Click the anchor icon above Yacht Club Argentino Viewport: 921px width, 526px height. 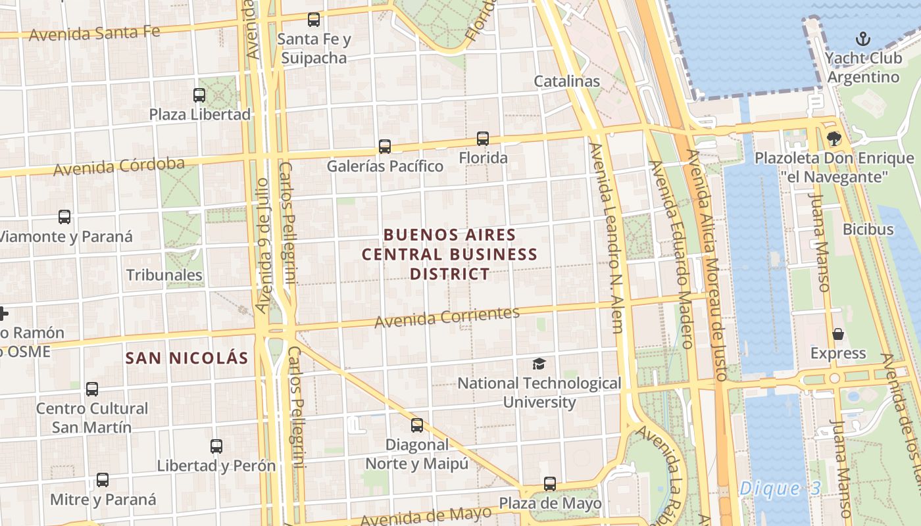(x=862, y=39)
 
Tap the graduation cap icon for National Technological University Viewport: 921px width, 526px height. (x=539, y=364)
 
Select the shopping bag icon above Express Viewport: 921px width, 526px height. (x=838, y=334)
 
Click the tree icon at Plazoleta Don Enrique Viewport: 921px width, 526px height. (x=834, y=139)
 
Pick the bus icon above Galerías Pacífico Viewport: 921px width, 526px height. (x=385, y=147)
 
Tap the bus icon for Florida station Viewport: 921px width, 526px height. (x=483, y=139)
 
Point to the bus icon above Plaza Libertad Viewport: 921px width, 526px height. (x=199, y=95)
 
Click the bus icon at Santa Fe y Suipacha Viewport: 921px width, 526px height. (x=314, y=20)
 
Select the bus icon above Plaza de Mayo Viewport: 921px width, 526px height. (x=550, y=484)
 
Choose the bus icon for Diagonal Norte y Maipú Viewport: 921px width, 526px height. (x=417, y=425)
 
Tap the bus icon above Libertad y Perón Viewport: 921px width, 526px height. (x=216, y=446)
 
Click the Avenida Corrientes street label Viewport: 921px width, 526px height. (x=447, y=317)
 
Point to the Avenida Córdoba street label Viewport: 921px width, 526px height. (x=118, y=166)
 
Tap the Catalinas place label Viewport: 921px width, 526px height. (x=566, y=81)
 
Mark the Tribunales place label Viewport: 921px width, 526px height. (x=164, y=275)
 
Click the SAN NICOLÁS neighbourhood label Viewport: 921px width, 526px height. (x=187, y=358)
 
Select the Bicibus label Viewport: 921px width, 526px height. (x=868, y=229)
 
